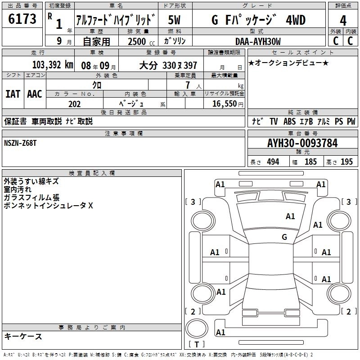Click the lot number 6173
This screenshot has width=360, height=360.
(x=22, y=19)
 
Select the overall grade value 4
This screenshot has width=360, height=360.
(x=343, y=21)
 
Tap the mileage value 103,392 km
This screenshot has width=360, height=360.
(x=53, y=65)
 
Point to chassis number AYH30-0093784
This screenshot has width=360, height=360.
(x=302, y=143)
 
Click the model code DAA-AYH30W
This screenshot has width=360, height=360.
(x=258, y=41)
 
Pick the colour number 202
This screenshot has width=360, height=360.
(x=74, y=104)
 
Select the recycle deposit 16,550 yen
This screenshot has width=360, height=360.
(x=228, y=104)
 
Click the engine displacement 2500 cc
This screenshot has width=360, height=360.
(x=141, y=41)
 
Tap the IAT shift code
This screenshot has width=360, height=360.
(x=13, y=94)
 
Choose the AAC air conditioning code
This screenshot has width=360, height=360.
(x=35, y=94)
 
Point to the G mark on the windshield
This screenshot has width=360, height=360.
(x=284, y=237)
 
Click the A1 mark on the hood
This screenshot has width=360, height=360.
(x=290, y=216)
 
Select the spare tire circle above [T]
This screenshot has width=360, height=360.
(x=197, y=328)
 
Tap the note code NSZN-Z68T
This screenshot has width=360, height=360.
(x=20, y=143)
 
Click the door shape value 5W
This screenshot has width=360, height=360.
(x=174, y=20)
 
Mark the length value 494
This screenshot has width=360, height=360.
(x=273, y=162)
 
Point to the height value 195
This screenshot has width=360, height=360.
(x=346, y=162)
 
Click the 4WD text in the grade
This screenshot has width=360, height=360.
(x=296, y=20)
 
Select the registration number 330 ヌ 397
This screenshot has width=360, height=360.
(x=180, y=66)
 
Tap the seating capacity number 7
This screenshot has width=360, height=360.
(x=188, y=85)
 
